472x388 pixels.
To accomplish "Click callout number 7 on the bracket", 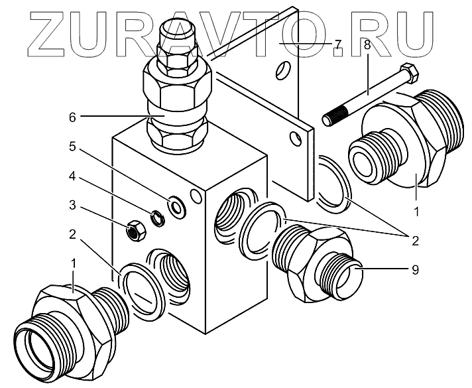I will pos(337,44).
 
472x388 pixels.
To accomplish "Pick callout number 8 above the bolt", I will pos(367,46).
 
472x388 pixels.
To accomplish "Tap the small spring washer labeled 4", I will pos(158,217).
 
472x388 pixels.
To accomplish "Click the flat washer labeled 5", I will pos(177,207).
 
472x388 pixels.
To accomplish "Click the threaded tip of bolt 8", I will pos(331,117).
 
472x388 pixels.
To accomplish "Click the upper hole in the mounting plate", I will pos(284,70).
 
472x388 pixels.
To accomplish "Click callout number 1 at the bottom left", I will pos(74,263).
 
